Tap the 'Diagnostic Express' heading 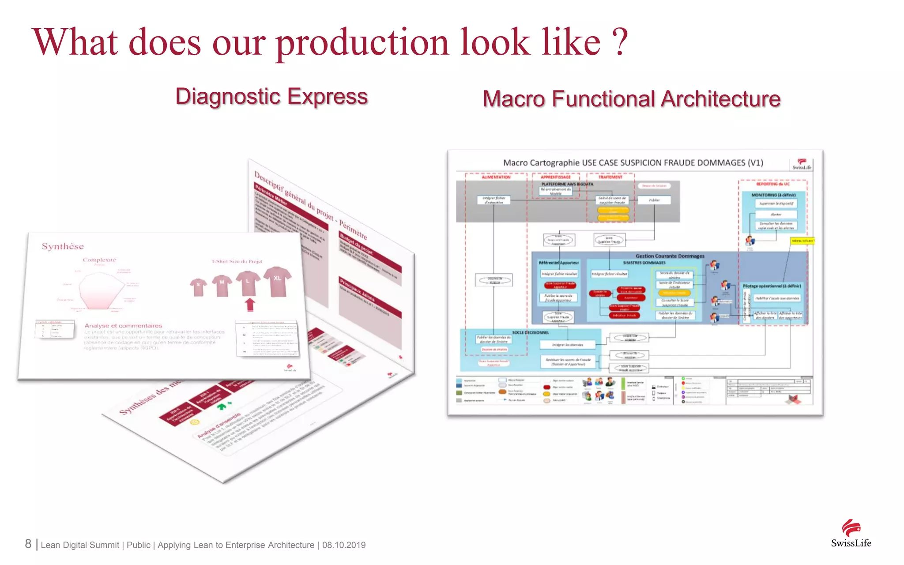pos(271,96)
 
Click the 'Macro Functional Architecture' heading pos(631,99)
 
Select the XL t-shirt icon pos(277,281)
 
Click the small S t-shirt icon pos(198,287)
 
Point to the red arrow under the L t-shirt pos(250,304)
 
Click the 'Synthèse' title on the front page pos(63,246)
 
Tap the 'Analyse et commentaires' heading pos(123,325)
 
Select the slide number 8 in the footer pos(28,544)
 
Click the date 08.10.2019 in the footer pos(344,545)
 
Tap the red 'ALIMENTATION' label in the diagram pos(496,177)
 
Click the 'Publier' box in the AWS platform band pos(654,200)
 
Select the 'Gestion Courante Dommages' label pos(670,256)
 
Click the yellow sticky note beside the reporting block pos(802,241)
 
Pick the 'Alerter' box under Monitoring pos(776,215)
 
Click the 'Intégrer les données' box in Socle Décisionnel pos(568,345)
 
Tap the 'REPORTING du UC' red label pos(773,184)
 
